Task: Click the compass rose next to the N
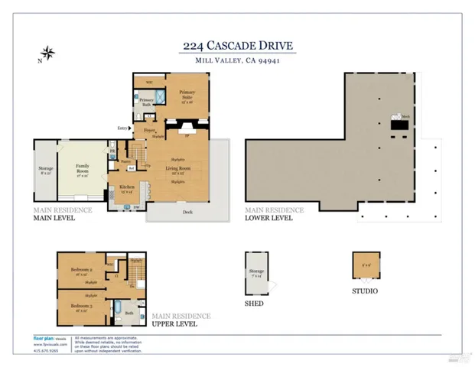pyautogui.click(x=48, y=54)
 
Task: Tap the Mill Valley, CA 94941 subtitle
pyautogui.click(x=237, y=60)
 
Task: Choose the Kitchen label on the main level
pyautogui.click(x=127, y=187)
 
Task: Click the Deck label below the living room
pyautogui.click(x=187, y=213)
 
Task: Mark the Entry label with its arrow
pyautogui.click(x=122, y=128)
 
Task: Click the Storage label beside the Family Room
pyautogui.click(x=45, y=170)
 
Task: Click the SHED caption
pyautogui.click(x=254, y=304)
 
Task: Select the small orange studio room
pyautogui.click(x=365, y=265)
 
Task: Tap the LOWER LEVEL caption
pyautogui.click(x=268, y=217)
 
